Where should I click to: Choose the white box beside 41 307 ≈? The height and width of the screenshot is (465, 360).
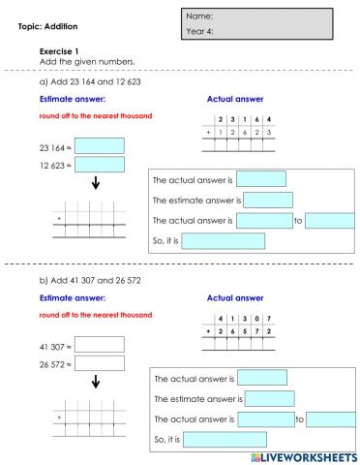click(x=99, y=344)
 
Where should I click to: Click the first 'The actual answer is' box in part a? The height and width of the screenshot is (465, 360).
click(x=261, y=179)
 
